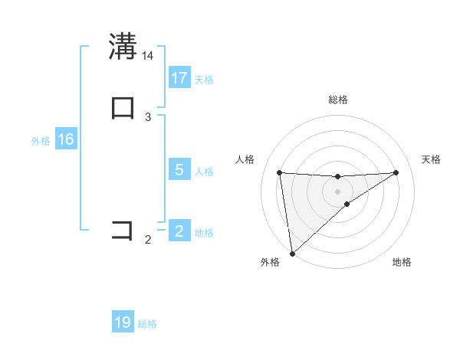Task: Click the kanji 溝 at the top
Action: [x=123, y=46]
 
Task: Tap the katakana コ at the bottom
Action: [x=123, y=230]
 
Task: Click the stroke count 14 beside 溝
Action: [x=148, y=55]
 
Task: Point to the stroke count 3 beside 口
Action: [x=148, y=116]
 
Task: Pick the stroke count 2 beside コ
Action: [x=148, y=240]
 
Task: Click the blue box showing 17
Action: [x=179, y=77]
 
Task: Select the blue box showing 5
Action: [x=179, y=169]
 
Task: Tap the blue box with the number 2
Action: [x=179, y=231]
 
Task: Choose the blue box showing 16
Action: [x=65, y=139]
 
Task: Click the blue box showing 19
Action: [x=123, y=322]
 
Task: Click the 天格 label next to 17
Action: [x=204, y=79]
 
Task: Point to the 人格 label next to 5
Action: [x=204, y=171]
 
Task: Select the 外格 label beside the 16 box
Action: [x=41, y=141]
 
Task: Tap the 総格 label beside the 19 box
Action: [x=147, y=324]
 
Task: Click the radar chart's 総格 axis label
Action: [x=338, y=100]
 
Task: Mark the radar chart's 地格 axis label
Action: [x=402, y=262]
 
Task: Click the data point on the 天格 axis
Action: [x=396, y=172]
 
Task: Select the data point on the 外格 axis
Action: [x=292, y=254]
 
